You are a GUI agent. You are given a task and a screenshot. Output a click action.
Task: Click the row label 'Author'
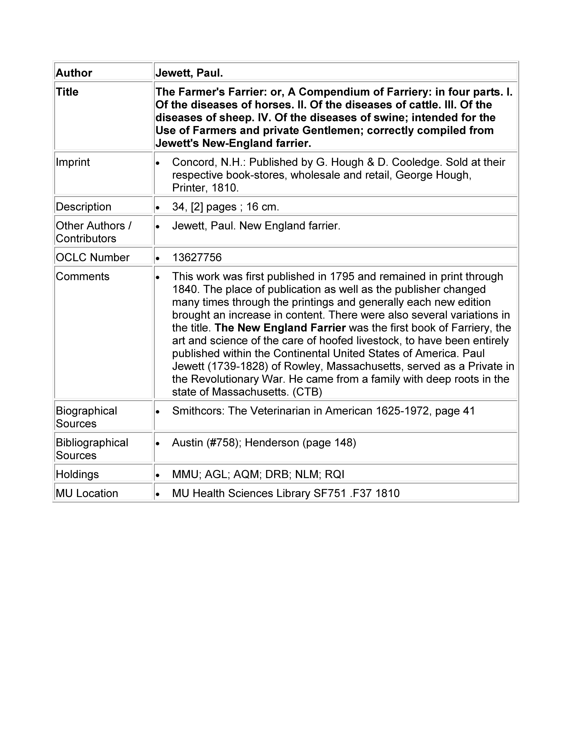coord(74,73)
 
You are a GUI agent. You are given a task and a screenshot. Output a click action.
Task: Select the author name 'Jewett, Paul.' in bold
coord(189,73)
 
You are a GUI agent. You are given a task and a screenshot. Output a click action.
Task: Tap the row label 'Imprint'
coord(73,162)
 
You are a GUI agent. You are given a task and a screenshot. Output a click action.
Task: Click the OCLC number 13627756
coord(197,257)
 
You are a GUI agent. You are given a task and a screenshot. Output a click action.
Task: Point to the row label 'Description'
coord(83,207)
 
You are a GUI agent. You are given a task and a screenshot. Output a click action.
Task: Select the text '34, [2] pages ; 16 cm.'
coord(225,207)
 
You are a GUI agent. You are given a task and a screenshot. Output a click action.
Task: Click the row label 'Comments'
coord(83,276)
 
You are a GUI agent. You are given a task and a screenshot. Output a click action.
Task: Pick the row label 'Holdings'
coord(77,474)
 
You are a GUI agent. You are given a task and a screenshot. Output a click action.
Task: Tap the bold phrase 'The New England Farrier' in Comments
coord(280,328)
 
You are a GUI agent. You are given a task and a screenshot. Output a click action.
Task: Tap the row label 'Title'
coord(67,92)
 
